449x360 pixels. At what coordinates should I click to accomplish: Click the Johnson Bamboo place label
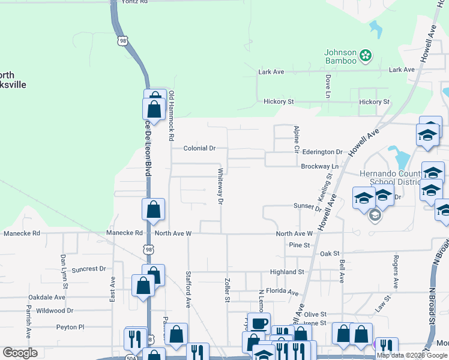[340, 56]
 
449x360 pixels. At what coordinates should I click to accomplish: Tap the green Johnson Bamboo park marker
[366, 58]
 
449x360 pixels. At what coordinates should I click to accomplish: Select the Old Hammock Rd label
[171, 111]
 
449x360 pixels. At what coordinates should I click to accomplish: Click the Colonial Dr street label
[199, 148]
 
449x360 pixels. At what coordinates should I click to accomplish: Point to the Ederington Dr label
[322, 152]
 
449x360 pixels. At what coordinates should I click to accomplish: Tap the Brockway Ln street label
[321, 166]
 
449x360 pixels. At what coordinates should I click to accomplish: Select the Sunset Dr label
[308, 207]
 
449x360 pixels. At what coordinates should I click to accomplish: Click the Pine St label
[299, 245]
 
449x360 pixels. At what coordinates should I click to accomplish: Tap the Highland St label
[287, 272]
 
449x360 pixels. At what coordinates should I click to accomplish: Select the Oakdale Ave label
[46, 297]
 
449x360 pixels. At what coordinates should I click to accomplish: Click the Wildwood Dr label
[55, 311]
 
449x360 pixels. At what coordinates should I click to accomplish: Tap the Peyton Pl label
[70, 328]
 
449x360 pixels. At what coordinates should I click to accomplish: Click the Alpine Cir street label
[296, 138]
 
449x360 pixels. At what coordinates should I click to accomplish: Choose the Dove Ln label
[328, 86]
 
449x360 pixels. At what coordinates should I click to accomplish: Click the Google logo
[20, 353]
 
